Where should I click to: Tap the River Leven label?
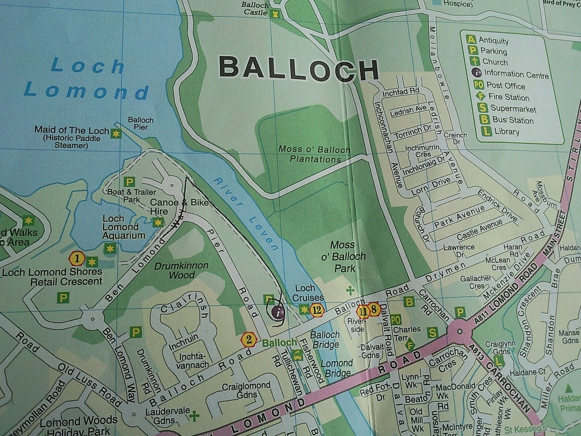(245, 215)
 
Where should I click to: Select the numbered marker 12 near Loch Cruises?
(317, 310)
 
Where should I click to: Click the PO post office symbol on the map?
(397, 319)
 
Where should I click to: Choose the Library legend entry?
(501, 132)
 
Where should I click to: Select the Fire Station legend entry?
(503, 97)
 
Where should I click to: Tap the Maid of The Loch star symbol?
(116, 134)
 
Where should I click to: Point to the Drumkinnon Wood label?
(181, 270)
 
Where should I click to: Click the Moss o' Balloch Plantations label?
(314, 154)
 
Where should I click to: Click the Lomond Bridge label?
(337, 368)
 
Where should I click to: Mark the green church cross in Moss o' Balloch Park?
(350, 290)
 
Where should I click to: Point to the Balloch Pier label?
(141, 123)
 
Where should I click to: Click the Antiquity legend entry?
(488, 40)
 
